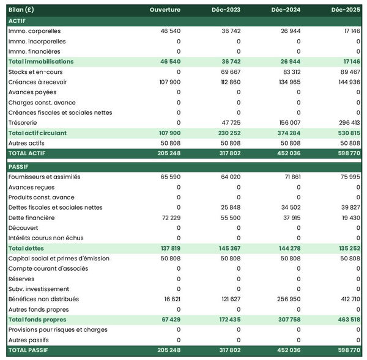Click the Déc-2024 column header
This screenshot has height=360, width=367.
(286, 10)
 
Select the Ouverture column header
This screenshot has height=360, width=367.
(165, 10)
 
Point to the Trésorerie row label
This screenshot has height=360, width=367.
(23, 122)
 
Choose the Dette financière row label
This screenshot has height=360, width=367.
(31, 218)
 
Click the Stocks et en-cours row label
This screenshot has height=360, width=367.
(34, 72)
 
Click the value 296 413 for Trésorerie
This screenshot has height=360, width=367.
(349, 122)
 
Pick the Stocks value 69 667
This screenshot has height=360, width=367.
(230, 72)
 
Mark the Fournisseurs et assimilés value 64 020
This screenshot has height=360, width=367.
(229, 177)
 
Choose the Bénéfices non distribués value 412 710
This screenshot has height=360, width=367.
(349, 299)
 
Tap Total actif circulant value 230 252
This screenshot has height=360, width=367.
(228, 133)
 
